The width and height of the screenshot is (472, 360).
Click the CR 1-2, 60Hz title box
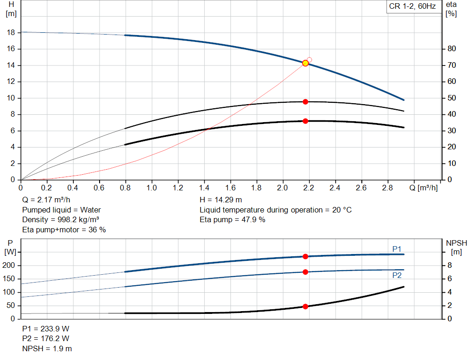click(411, 7)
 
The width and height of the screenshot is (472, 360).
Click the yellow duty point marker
click(305, 63)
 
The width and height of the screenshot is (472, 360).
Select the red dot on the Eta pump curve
click(305, 101)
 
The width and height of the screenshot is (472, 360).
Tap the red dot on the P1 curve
click(305, 256)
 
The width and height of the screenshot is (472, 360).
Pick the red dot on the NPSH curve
click(305, 307)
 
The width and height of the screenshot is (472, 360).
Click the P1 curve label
click(397, 249)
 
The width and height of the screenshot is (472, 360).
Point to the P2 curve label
click(397, 275)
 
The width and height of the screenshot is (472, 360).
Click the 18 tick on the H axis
click(12, 33)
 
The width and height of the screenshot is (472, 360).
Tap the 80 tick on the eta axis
click(452, 49)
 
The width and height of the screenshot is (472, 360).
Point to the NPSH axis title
click(456, 243)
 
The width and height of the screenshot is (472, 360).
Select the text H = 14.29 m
click(221, 200)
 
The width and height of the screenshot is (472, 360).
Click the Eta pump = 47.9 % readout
click(232, 219)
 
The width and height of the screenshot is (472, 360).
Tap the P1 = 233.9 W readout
click(46, 329)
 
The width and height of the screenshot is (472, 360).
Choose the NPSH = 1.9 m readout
click(47, 348)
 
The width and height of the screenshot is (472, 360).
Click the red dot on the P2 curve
click(305, 272)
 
